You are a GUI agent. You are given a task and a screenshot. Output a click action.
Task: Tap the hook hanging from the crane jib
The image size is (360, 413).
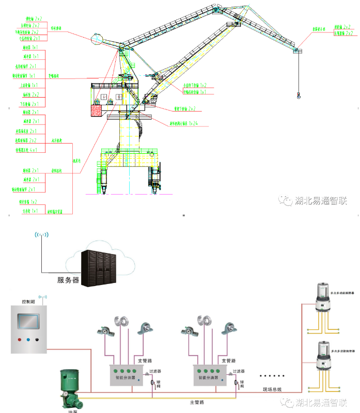(x=298, y=95)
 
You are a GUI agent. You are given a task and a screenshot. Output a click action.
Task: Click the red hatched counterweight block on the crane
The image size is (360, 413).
(x=97, y=110)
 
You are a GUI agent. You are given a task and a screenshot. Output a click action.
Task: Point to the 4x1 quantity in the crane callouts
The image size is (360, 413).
(x=34, y=150)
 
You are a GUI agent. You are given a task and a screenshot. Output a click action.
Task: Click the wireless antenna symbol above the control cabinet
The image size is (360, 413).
(x=43, y=298)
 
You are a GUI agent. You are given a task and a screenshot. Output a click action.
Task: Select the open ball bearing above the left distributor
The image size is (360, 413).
(x=123, y=322)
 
